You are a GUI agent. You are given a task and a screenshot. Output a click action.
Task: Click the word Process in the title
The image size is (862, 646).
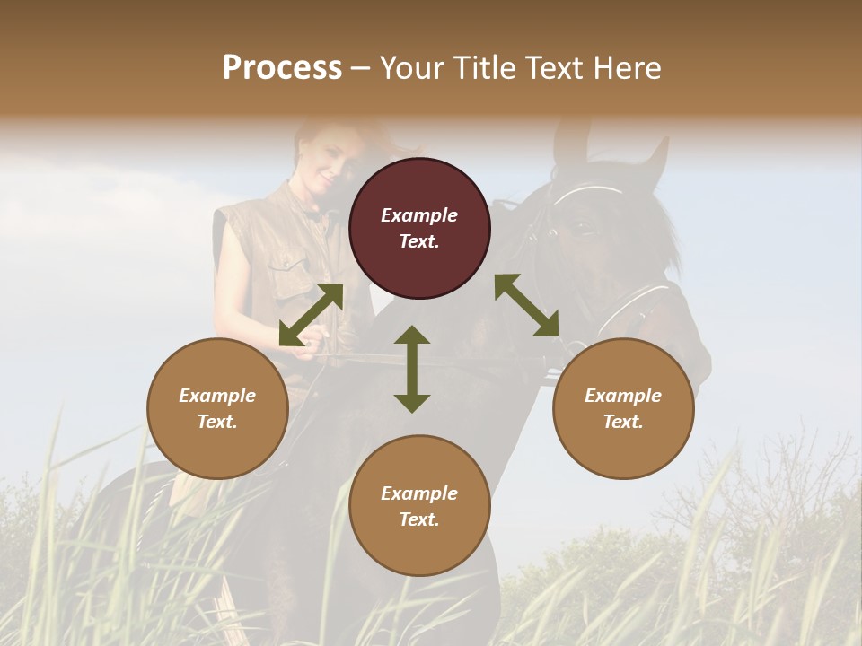(282, 68)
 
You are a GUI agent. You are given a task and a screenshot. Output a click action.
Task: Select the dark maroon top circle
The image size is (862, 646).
(419, 228)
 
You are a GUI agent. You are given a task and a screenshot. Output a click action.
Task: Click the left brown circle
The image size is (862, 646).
(217, 408)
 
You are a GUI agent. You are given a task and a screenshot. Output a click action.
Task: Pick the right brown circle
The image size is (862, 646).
(623, 408)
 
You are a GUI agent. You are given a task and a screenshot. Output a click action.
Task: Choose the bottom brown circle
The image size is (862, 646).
(419, 506)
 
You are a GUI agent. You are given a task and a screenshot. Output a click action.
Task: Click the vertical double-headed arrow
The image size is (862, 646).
(412, 369)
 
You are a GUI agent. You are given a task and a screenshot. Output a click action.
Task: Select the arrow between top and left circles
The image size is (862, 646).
(311, 315)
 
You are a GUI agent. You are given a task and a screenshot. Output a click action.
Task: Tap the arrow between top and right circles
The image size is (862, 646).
(527, 305)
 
